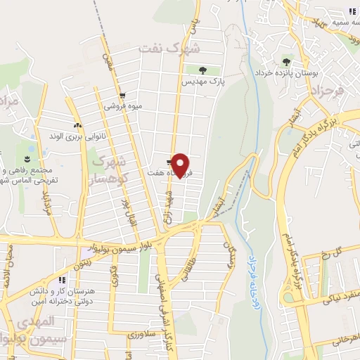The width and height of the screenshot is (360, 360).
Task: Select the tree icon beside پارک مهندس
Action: coord(202,70)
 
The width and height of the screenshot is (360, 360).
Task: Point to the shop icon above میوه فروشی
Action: coord(122,96)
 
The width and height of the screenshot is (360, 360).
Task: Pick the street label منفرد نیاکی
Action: coord(326,299)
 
